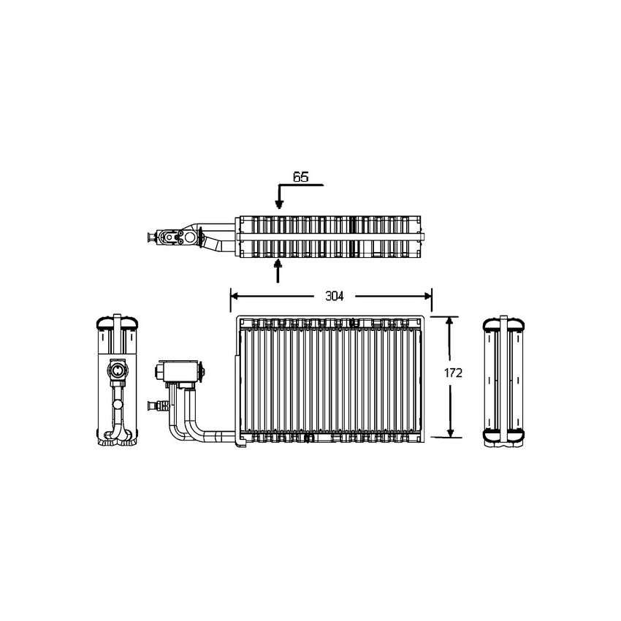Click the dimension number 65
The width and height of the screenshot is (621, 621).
[300, 177]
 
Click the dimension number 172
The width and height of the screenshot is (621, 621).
[454, 373]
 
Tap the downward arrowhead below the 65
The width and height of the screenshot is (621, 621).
[278, 205]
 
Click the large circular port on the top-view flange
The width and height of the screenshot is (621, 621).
[191, 237]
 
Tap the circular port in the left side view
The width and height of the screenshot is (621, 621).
[116, 372]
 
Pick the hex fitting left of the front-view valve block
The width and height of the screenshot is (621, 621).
[159, 372]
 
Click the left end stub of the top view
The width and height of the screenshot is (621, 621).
[153, 237]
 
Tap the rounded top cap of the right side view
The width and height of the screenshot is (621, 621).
[504, 323]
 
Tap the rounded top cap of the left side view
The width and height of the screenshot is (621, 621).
[116, 323]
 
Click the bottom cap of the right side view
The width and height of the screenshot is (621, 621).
[504, 437]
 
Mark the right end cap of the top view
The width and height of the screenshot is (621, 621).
[422, 237]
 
